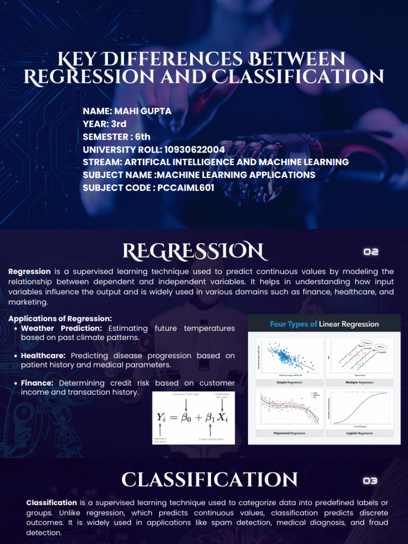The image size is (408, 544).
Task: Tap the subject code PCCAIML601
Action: pyautogui.click(x=185, y=188)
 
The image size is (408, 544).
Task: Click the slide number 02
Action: pyautogui.click(x=371, y=252)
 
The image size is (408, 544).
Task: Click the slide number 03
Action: pyautogui.click(x=370, y=481)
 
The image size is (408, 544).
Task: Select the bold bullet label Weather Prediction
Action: pyautogui.click(x=61, y=328)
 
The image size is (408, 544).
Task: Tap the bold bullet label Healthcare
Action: pyautogui.click(x=43, y=355)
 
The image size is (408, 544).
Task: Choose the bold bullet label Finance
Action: pyautogui.click(x=37, y=383)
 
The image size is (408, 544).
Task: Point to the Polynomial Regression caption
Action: pyautogui.click(x=289, y=433)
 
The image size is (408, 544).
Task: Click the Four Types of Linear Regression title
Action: pyautogui.click(x=324, y=324)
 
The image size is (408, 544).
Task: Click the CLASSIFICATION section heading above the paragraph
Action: pyautogui.click(x=209, y=480)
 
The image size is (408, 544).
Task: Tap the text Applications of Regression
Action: pyautogui.click(x=60, y=319)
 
